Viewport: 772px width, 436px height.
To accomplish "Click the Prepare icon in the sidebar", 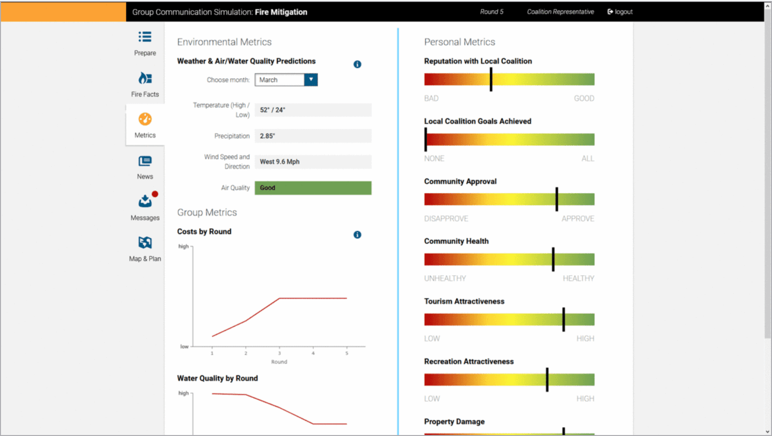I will click(x=145, y=37).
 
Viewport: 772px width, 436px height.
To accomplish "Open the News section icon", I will click(x=145, y=161).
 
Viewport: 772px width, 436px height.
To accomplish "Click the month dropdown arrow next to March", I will click(x=311, y=80).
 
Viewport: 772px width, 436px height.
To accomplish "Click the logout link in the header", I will click(x=620, y=12).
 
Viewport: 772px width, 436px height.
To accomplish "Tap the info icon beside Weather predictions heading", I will click(x=357, y=65).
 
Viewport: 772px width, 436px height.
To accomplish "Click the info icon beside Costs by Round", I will click(x=357, y=235).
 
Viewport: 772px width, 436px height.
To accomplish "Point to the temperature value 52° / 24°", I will click(x=273, y=110).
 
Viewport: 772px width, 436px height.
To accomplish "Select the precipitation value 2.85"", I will click(x=267, y=136).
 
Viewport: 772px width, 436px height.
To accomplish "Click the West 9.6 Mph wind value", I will click(x=279, y=162).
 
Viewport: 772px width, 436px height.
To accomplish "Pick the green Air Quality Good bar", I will click(x=313, y=188).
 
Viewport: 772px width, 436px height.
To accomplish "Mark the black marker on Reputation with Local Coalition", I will click(x=491, y=79).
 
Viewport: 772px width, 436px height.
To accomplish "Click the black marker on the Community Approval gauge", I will click(x=557, y=199).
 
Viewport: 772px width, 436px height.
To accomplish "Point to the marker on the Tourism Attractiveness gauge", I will click(x=563, y=320).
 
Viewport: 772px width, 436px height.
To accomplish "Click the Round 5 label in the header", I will click(x=491, y=12).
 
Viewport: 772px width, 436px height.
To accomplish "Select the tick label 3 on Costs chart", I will click(x=279, y=353).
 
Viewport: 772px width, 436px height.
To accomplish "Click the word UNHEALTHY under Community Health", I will click(x=445, y=279).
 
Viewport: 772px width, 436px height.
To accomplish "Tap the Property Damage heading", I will click(x=454, y=422).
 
